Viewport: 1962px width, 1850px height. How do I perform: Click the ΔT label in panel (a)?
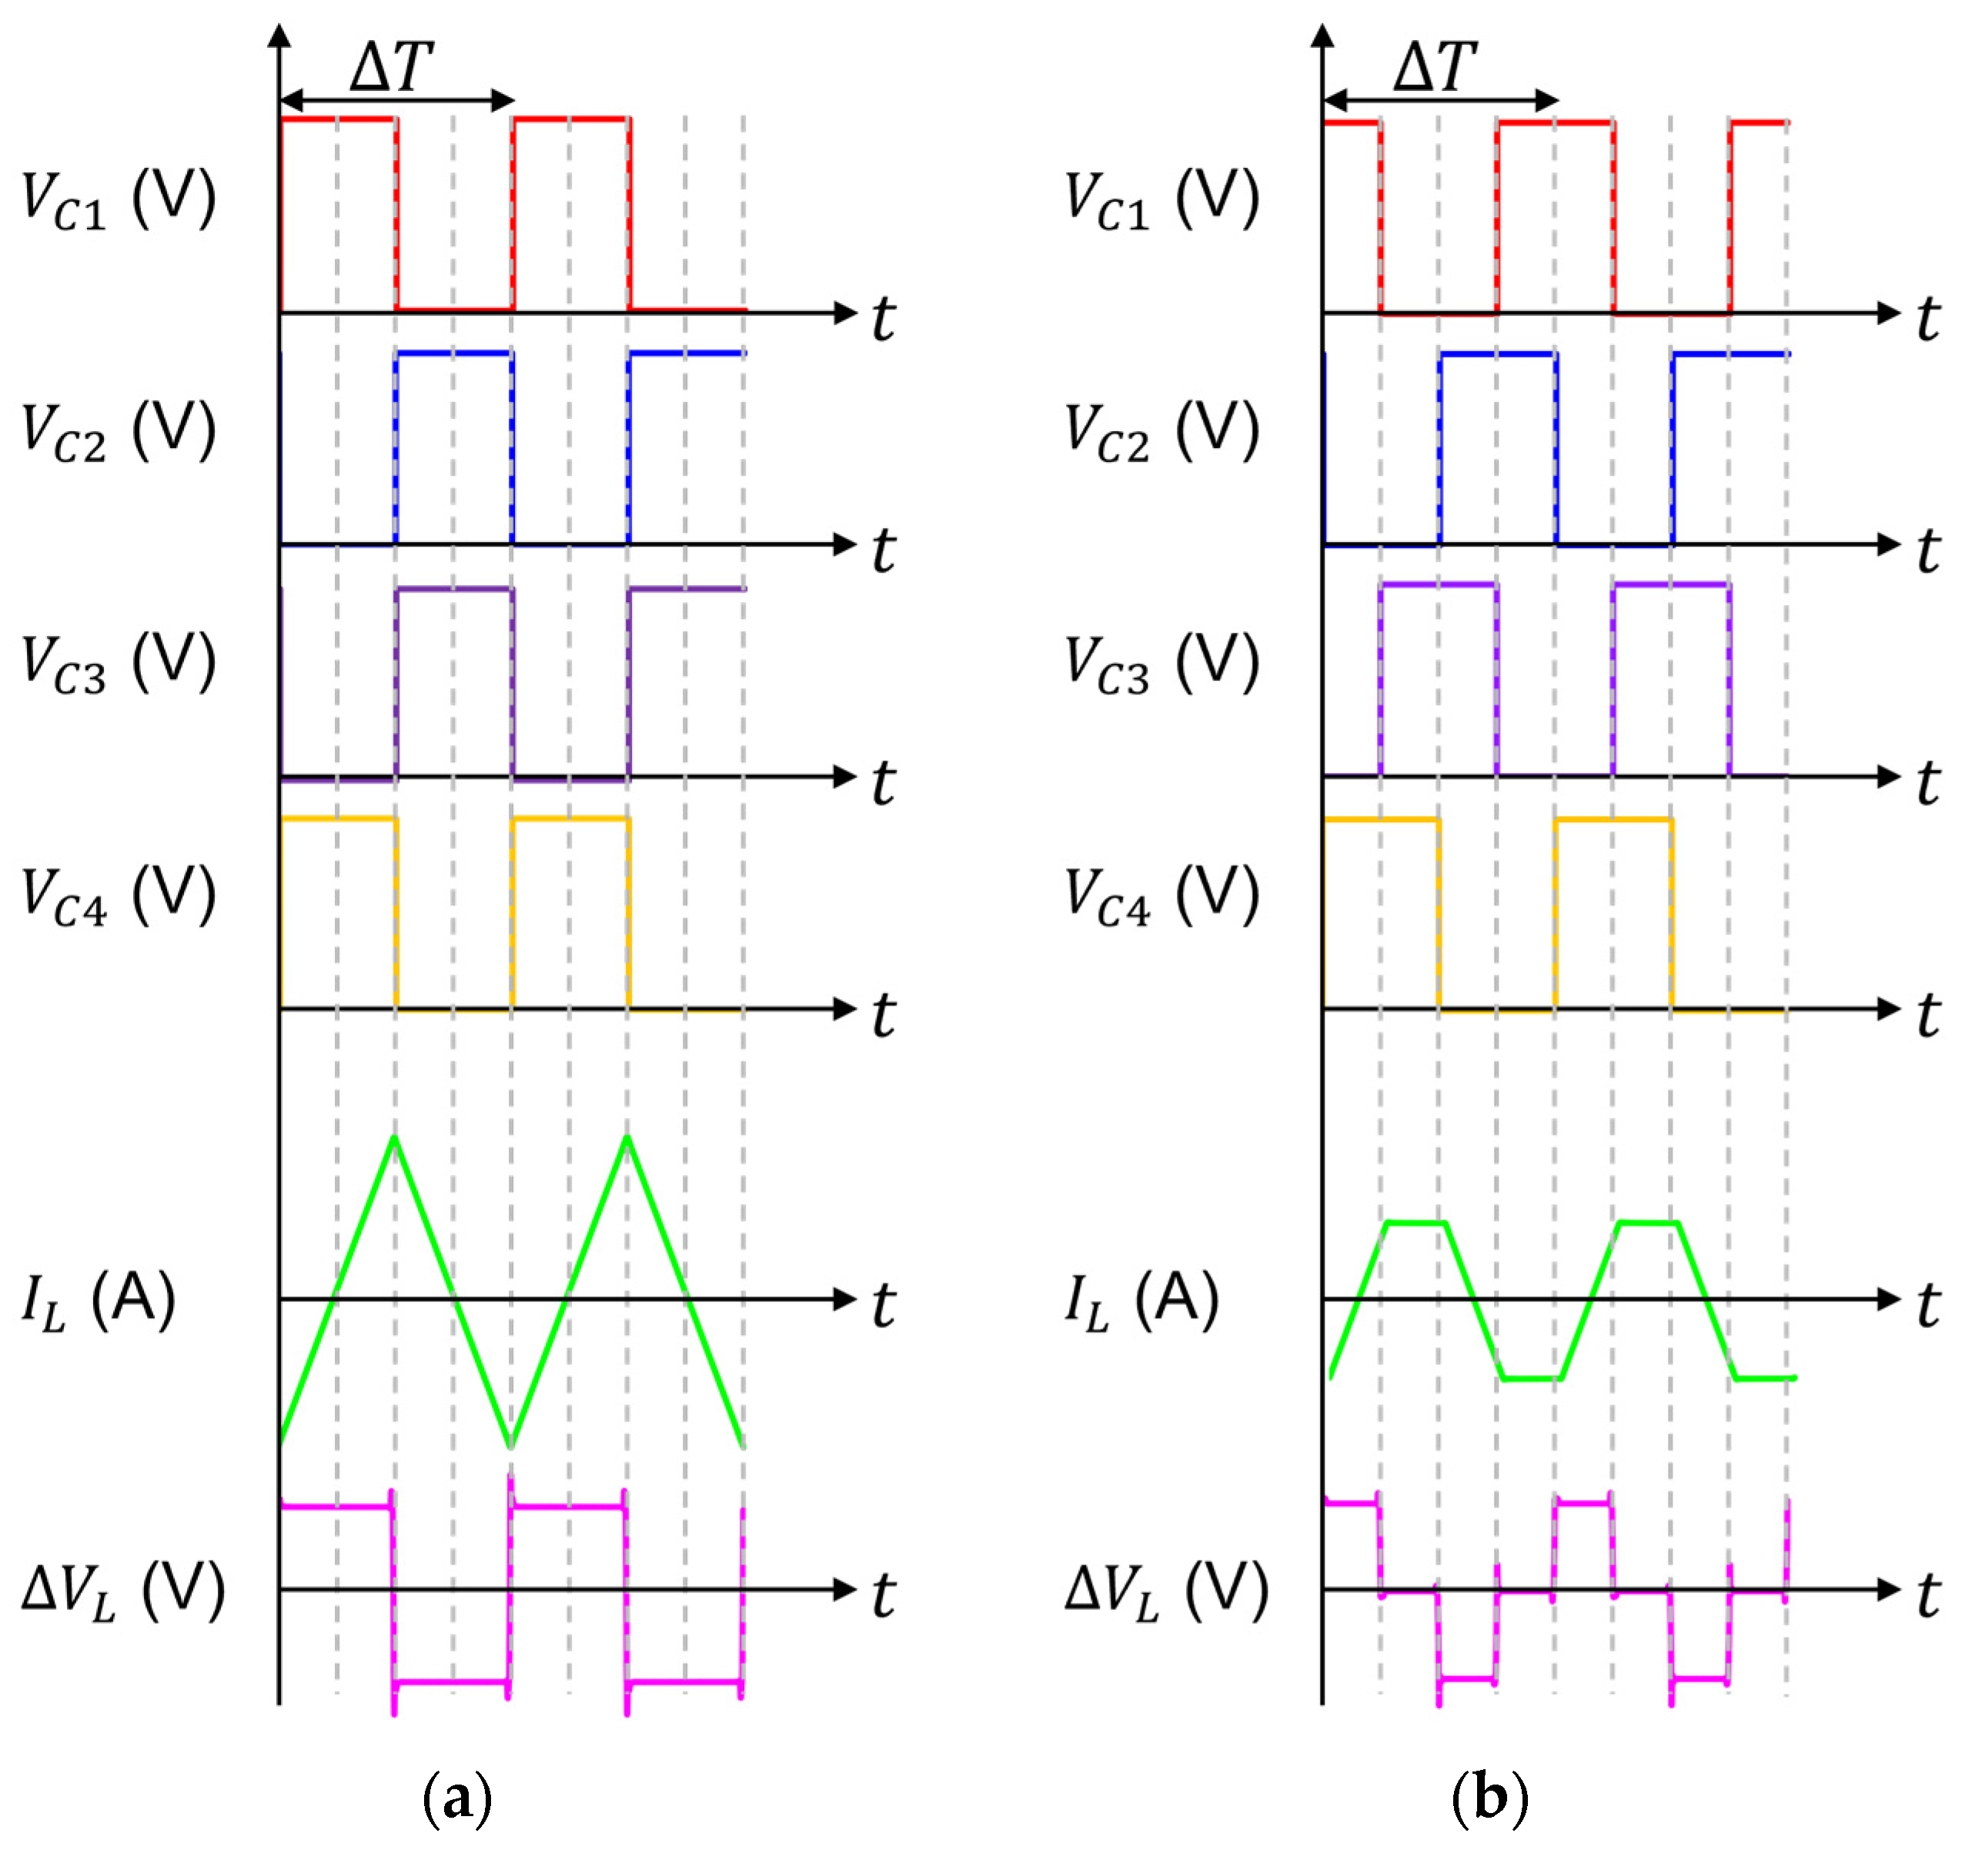pyautogui.click(x=392, y=67)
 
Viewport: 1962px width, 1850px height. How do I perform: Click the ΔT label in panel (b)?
pyautogui.click(x=1435, y=67)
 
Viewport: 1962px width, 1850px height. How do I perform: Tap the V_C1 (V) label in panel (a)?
pyautogui.click(x=119, y=199)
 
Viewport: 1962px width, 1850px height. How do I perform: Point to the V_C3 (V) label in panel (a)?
pyautogui.click(x=119, y=664)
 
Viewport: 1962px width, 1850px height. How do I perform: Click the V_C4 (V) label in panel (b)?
pyautogui.click(x=1161, y=895)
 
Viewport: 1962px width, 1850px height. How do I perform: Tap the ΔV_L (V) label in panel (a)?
pyautogui.click(x=123, y=1591)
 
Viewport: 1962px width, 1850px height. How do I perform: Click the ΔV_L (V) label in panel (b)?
pyautogui.click(x=1167, y=1591)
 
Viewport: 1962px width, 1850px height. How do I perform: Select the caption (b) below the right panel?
pyautogui.click(x=1490, y=1798)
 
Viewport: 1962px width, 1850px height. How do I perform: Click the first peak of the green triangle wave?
pyautogui.click(x=395, y=1137)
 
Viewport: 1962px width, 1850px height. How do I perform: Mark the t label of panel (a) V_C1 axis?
pyautogui.click(x=884, y=319)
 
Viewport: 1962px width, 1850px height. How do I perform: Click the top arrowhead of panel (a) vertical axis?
pyautogui.click(x=280, y=35)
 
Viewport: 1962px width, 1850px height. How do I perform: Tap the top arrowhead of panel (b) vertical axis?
pyautogui.click(x=1323, y=35)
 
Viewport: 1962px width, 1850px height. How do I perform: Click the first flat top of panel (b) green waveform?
pyautogui.click(x=1416, y=1223)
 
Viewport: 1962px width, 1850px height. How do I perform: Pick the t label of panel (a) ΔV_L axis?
pyautogui.click(x=884, y=1595)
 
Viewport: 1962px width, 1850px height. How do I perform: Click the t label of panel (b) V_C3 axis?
pyautogui.click(x=1927, y=784)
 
